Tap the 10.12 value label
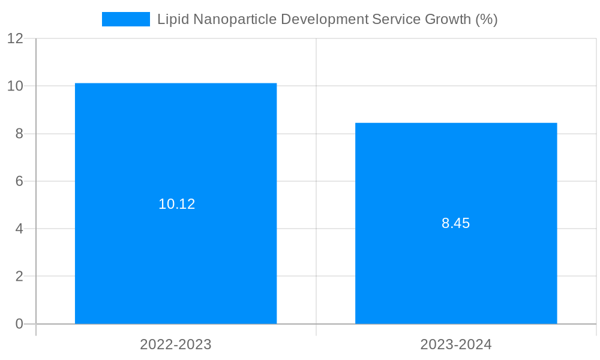tap(176, 204)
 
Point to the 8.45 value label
tap(456, 224)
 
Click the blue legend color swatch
tap(126, 19)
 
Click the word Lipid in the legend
tap(171, 19)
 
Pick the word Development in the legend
tap(325, 19)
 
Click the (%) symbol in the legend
tap(487, 19)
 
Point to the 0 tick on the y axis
tap(19, 324)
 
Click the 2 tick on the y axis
tap(19, 277)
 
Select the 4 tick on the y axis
tap(19, 229)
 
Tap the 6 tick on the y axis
tap(19, 181)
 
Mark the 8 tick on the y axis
tap(19, 134)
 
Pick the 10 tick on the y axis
tap(15, 86)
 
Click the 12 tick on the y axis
tap(15, 38)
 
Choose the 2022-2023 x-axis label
tap(176, 344)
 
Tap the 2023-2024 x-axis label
tap(456, 344)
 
